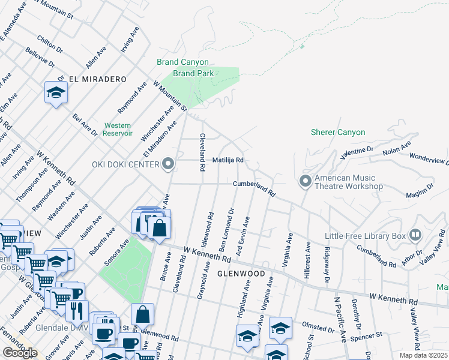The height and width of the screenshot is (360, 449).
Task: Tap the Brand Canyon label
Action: coord(182,62)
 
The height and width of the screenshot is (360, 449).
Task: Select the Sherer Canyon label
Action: coord(337,132)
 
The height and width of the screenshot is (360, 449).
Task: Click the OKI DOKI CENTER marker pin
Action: coord(169,164)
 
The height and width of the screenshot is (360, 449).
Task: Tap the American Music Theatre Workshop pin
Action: coord(306,181)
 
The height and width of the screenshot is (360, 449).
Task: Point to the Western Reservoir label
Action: coord(118,129)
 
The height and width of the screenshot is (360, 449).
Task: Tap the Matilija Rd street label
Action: coord(228,160)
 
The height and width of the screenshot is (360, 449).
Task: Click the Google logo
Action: coord(20,352)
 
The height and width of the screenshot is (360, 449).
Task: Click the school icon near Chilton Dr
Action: coord(56,93)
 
